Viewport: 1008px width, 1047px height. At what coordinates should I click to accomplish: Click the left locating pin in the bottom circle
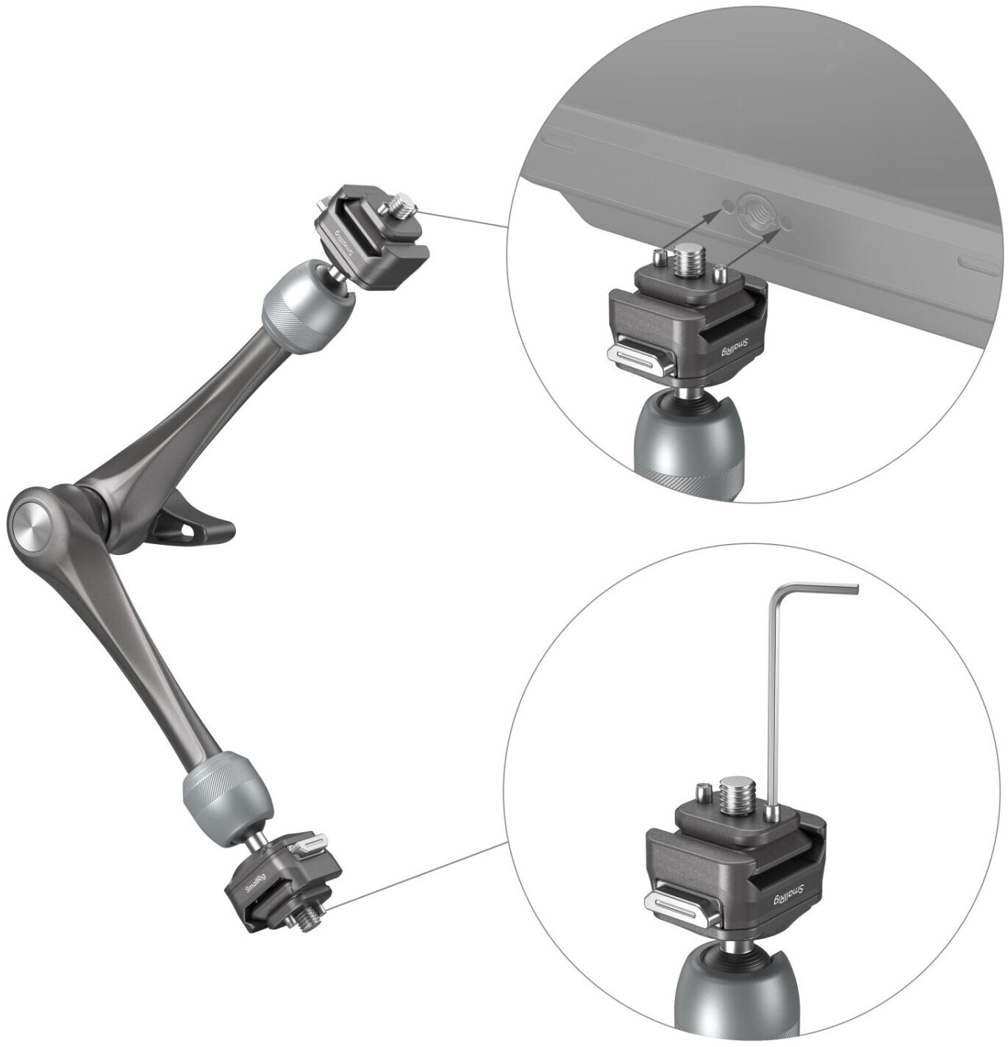point(701,791)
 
